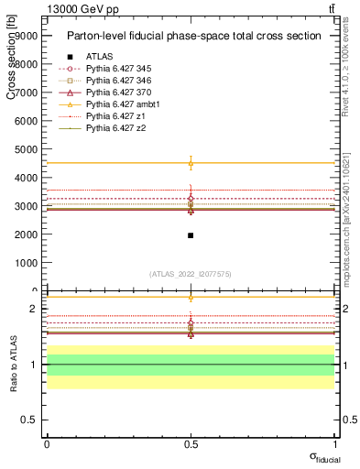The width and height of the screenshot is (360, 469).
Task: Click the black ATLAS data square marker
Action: click(191, 235)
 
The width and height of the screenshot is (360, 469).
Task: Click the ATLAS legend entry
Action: click(99, 57)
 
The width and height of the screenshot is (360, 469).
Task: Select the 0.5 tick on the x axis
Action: click(191, 444)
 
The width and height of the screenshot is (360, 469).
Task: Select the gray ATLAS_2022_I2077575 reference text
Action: click(191, 273)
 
